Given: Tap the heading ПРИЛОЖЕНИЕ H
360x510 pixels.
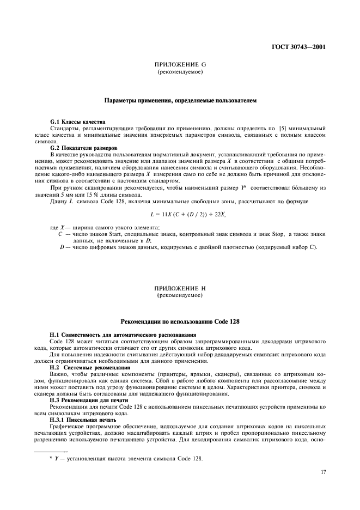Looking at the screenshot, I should click(180, 288).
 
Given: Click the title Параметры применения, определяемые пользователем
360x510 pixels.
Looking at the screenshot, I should click(180, 100).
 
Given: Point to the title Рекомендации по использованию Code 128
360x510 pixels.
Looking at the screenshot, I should click(180, 323).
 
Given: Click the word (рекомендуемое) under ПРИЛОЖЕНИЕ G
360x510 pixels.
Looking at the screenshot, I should click(180, 72).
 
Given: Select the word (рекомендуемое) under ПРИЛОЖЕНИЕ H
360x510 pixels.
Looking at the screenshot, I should click(180, 295).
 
